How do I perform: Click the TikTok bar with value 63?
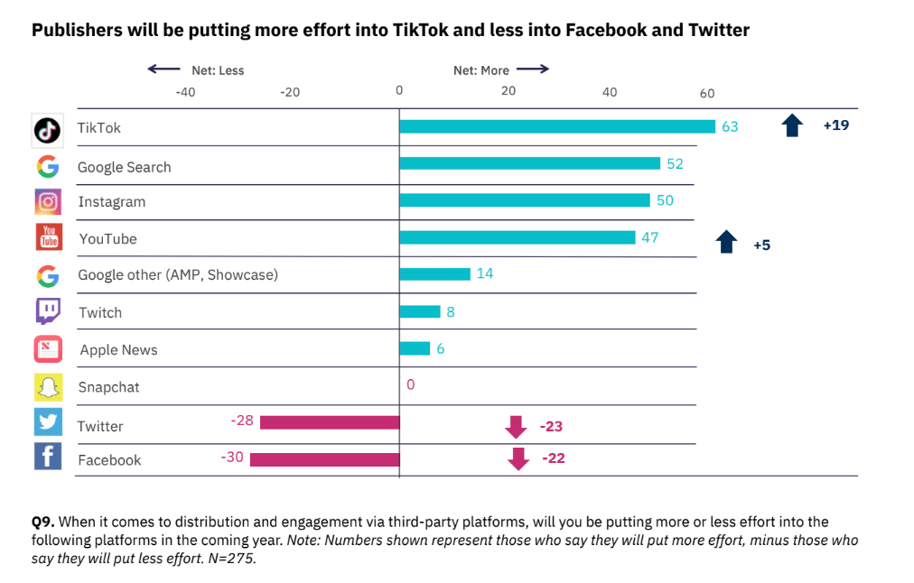tap(557, 126)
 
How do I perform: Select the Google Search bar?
tap(529, 163)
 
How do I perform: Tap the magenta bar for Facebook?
tap(324, 459)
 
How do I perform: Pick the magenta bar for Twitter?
tap(330, 421)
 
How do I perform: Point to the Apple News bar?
tap(415, 348)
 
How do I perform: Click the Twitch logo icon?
tap(48, 311)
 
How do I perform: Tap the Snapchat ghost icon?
tap(48, 386)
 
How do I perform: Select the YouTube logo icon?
tap(48, 237)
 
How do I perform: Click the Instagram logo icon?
tap(48, 200)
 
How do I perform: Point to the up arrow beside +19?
tap(792, 125)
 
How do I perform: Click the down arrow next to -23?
tap(518, 426)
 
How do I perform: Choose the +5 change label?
tap(761, 245)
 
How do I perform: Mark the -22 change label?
tap(553, 458)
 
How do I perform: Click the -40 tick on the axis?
tap(184, 92)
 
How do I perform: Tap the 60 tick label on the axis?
tap(707, 94)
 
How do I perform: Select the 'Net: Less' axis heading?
tap(218, 70)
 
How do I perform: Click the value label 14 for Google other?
tap(485, 273)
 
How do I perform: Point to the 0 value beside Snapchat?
tap(410, 385)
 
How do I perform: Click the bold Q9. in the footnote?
tap(43, 523)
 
